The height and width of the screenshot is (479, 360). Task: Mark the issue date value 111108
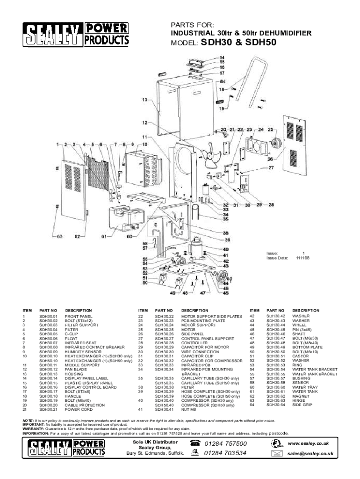click(x=302, y=258)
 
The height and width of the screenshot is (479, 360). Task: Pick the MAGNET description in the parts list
click(x=301, y=396)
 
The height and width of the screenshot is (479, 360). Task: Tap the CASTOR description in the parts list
click(x=300, y=356)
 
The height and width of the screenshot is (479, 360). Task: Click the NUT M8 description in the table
click(x=191, y=409)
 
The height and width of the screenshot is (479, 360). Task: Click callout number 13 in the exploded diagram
click(x=145, y=100)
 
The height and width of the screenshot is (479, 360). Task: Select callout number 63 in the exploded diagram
click(x=60, y=236)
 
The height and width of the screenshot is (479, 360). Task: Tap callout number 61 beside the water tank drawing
click(x=105, y=236)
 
